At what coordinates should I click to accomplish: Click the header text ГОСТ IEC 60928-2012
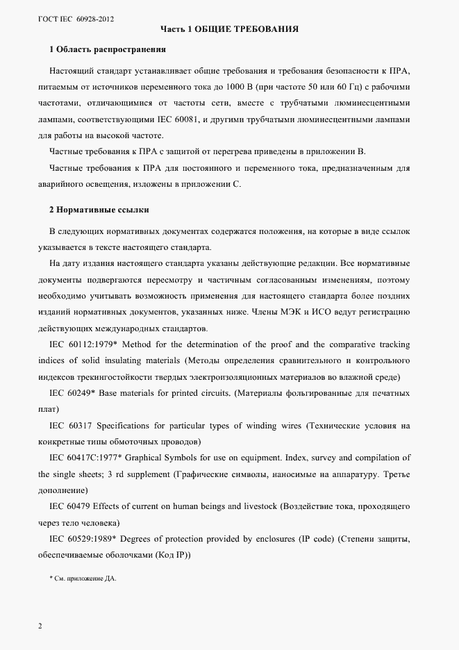76,19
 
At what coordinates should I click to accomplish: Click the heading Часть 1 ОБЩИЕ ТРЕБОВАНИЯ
229,30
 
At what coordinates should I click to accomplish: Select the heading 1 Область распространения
107,50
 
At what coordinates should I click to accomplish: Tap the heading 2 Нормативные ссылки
99,209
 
